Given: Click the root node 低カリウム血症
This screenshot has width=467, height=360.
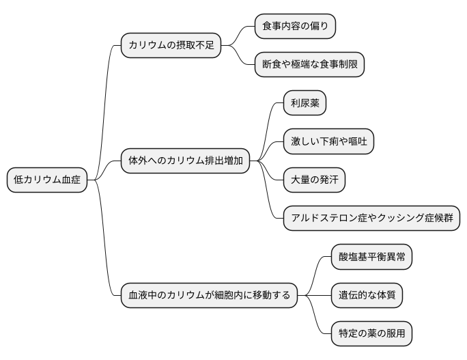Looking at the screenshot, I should [47, 180].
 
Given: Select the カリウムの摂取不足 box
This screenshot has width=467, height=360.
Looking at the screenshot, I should [171, 46].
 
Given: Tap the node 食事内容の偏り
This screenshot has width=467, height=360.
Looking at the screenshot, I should [295, 27].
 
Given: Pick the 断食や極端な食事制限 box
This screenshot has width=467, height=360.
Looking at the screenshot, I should [309, 65].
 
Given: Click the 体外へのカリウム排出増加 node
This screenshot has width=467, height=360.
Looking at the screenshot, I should [185, 161].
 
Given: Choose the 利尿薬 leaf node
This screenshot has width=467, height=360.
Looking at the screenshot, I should [305, 104].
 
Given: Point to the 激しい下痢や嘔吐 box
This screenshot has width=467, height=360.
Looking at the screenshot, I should [328, 142].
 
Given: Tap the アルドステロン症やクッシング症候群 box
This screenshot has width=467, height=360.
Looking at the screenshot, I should [371, 219].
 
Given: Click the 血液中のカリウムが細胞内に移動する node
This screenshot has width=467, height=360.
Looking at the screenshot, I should [209, 296].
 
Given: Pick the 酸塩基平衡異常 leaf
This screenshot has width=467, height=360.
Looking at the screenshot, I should [371, 258].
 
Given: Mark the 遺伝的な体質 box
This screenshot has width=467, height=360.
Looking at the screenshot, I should [367, 296].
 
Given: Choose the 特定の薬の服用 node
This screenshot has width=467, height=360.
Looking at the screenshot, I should [371, 334].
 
